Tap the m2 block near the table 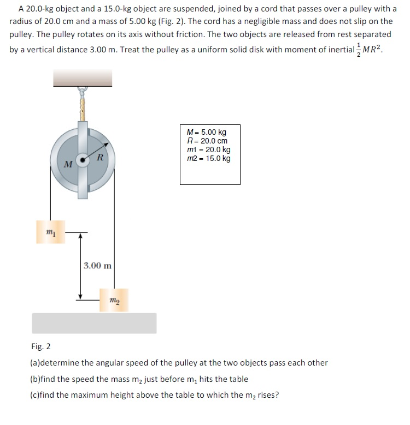coord(114,300)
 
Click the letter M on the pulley coord(67,164)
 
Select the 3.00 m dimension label coord(98,266)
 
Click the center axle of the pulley coord(83,160)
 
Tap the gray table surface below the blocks coord(94,323)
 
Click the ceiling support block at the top coord(83,78)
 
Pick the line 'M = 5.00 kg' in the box coord(206,132)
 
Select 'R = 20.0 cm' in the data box coord(207,141)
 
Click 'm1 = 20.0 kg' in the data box coord(208,149)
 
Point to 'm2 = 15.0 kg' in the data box coord(208,159)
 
